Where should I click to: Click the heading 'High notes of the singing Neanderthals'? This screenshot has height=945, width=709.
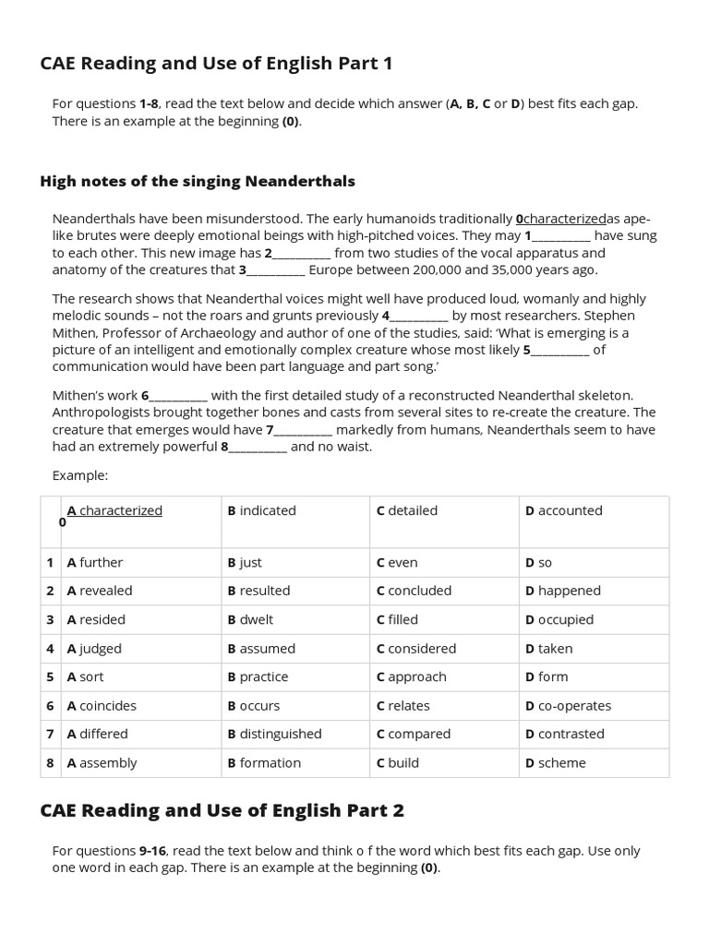click(198, 181)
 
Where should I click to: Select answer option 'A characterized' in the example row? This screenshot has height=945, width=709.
click(114, 510)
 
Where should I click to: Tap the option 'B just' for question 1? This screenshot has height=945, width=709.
click(245, 562)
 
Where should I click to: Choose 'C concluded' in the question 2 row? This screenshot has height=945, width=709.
click(414, 591)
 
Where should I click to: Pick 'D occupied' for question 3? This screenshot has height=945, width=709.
click(559, 619)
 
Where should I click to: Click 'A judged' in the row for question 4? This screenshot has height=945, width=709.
click(94, 649)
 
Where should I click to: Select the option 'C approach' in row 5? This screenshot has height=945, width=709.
click(411, 676)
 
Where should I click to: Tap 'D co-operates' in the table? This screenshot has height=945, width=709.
click(568, 706)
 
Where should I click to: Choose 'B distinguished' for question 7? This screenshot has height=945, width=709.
click(274, 734)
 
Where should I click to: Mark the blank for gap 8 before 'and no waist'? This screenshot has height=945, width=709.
click(258, 448)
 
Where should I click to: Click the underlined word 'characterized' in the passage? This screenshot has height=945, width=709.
click(564, 220)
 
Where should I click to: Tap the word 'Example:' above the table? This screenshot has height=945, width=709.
click(80, 475)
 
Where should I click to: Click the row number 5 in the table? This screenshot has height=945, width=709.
click(51, 676)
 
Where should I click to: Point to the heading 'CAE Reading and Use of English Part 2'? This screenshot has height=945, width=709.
click(222, 810)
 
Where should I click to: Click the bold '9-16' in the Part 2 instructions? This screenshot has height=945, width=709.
click(152, 851)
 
